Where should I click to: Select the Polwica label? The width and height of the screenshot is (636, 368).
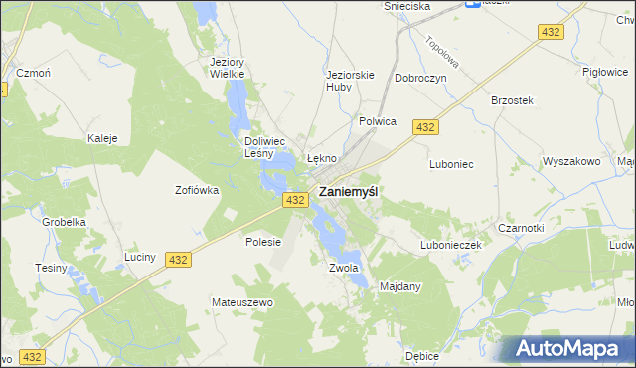[x=377, y=121]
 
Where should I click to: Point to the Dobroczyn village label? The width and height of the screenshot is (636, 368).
[x=420, y=77]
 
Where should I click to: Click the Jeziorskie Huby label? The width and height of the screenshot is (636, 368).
[x=350, y=79]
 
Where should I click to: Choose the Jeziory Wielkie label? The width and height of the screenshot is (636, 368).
[x=227, y=67]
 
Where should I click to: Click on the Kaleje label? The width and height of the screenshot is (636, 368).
[x=103, y=138]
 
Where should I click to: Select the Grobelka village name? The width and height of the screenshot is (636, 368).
[x=61, y=223]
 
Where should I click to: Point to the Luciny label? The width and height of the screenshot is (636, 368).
[x=140, y=257]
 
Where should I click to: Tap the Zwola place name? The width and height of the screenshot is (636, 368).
[x=342, y=268]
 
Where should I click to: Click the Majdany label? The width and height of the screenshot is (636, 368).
[x=400, y=287]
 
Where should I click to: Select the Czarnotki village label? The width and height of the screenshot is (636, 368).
[x=549, y=227]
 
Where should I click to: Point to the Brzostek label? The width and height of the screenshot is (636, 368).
[x=513, y=100]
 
